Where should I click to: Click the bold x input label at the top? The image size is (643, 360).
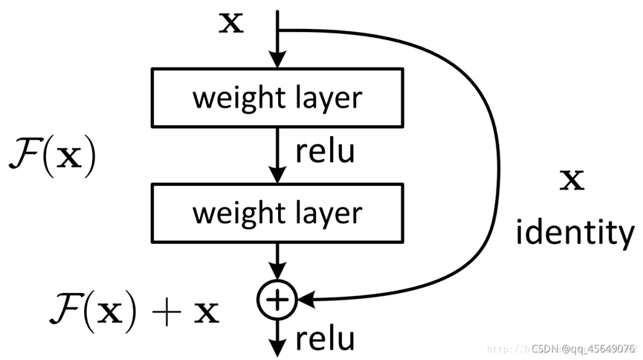(x=233, y=24)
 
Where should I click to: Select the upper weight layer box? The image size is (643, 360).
(x=277, y=97)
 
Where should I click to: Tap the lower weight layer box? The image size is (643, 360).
(x=277, y=213)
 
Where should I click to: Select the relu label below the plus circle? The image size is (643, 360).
(x=325, y=339)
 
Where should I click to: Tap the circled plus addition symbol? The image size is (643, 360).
(x=277, y=299)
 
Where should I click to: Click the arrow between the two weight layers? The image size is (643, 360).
(x=277, y=152)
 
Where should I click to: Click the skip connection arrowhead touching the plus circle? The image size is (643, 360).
(x=305, y=299)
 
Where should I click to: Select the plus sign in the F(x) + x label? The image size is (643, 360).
(x=167, y=312)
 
